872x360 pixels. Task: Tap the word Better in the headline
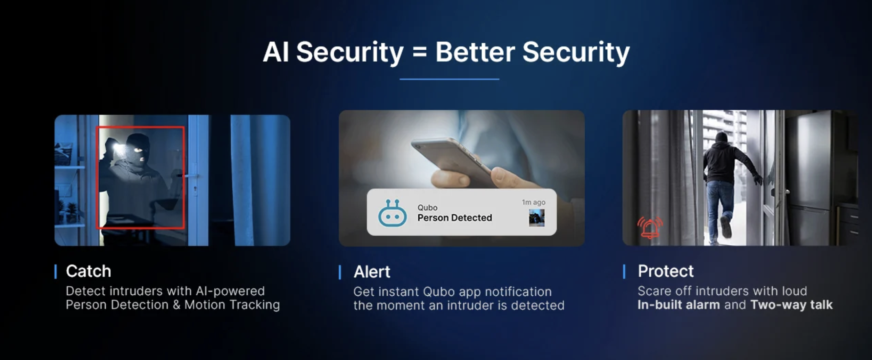pyautogui.click(x=475, y=52)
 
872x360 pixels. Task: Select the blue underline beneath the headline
pyautogui.click(x=449, y=79)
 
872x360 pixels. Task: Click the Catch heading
pyautogui.click(x=88, y=271)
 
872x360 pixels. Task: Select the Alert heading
pyautogui.click(x=372, y=272)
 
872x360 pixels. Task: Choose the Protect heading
pyautogui.click(x=665, y=271)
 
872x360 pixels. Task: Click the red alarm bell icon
pyautogui.click(x=650, y=228)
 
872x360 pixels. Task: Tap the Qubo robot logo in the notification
pyautogui.click(x=392, y=213)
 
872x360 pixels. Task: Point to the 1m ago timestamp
pyautogui.click(x=533, y=202)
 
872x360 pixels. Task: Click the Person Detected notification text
pyautogui.click(x=454, y=218)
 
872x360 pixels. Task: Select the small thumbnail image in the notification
pyautogui.click(x=536, y=218)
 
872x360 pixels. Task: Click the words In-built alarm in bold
pyautogui.click(x=678, y=305)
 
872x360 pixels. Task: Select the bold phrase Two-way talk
pyautogui.click(x=791, y=305)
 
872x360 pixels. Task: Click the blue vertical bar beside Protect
pyautogui.click(x=624, y=271)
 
